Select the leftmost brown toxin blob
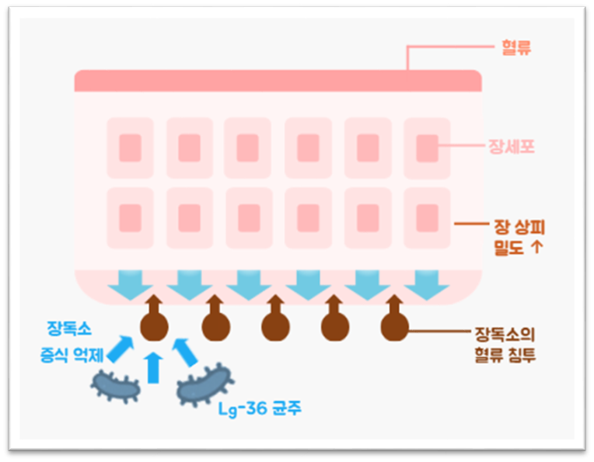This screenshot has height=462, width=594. [x=152, y=324]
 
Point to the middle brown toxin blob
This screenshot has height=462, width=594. [x=273, y=324]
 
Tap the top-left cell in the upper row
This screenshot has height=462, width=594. [x=130, y=148]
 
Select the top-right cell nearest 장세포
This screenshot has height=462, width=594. [x=427, y=148]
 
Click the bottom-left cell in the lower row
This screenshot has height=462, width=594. [x=130, y=217]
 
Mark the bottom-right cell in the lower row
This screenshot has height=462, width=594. [x=427, y=217]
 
